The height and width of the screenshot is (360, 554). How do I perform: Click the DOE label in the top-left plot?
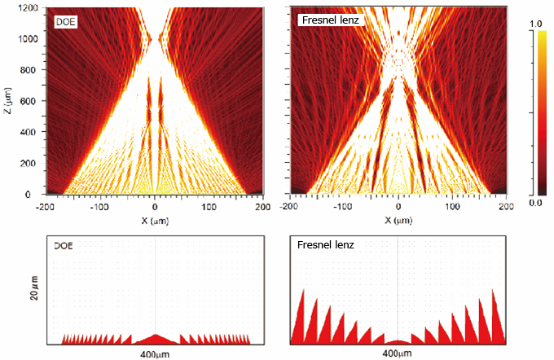tap(67, 21)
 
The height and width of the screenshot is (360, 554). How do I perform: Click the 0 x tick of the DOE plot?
tap(156, 207)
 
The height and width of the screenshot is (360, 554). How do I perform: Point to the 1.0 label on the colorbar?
tap(534, 24)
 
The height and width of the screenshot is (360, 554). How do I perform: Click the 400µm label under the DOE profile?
tap(155, 353)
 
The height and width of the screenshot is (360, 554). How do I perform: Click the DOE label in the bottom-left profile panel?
tap(64, 244)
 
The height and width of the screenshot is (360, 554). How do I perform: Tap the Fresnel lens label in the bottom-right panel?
tap(321, 244)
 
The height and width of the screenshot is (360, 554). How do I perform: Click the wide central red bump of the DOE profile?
tap(156, 339)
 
